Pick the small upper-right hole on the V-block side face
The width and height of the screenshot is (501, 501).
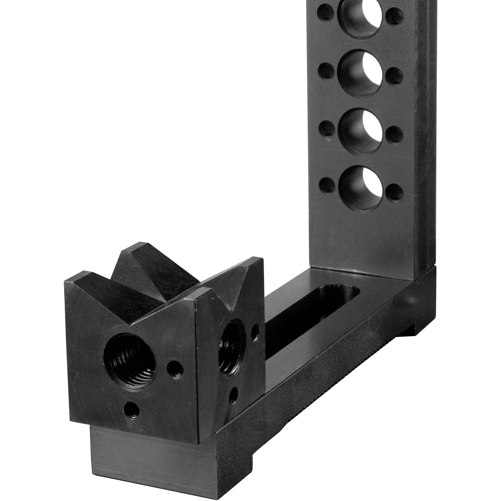[255, 333]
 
